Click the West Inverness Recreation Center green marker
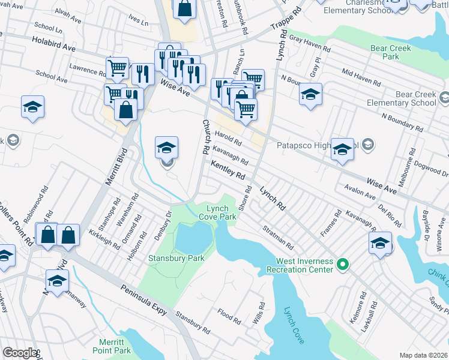(343, 263)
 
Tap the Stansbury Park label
(176, 259)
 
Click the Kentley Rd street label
(228, 169)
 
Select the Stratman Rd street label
(277, 238)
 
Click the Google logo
(20, 353)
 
